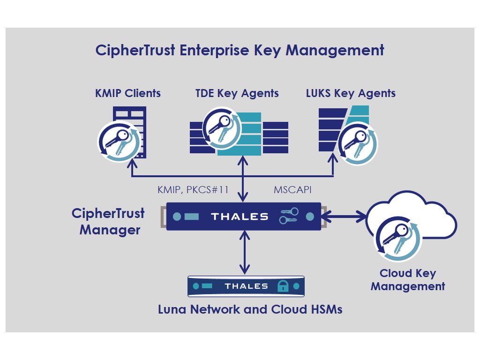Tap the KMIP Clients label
(x=127, y=93)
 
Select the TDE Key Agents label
(x=237, y=93)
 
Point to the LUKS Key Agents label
(x=350, y=93)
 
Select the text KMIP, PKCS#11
(x=193, y=190)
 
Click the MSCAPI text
(x=292, y=190)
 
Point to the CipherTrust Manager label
(x=109, y=222)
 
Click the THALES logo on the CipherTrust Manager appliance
(x=240, y=217)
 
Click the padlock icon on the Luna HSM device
(x=283, y=286)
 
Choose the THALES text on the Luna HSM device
(x=246, y=286)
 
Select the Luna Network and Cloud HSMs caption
(x=250, y=309)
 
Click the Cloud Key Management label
(x=407, y=279)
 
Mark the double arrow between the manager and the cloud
(x=344, y=216)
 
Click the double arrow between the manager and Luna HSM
(x=243, y=253)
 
